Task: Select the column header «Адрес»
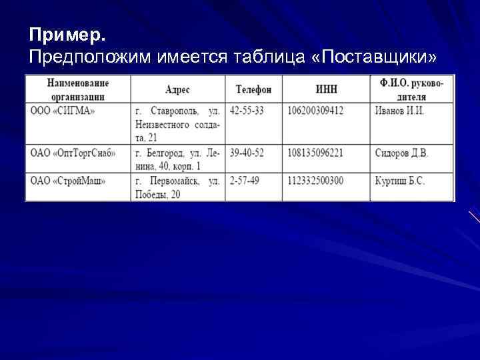point(177,89)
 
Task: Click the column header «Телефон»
point(253,89)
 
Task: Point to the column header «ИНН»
point(326,89)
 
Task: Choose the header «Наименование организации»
point(78,89)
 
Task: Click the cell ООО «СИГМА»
point(63,111)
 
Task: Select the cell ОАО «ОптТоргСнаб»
point(73,153)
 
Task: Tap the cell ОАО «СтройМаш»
point(67,181)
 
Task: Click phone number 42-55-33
point(246,111)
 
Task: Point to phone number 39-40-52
point(246,153)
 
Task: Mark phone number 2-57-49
point(244,181)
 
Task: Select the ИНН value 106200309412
point(315,111)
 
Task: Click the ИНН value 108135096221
point(315,153)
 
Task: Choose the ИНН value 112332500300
point(315,181)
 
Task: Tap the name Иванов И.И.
point(399,111)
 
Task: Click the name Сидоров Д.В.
point(401,153)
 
